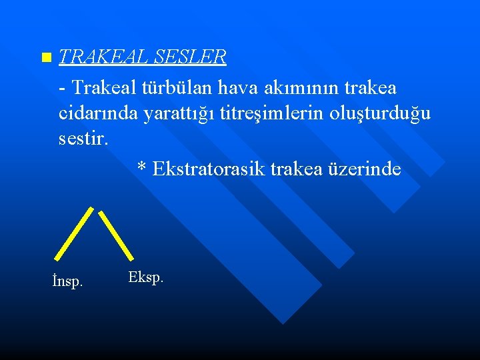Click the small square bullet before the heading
click(x=45, y=58)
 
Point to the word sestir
click(x=82, y=141)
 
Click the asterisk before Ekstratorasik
click(x=141, y=168)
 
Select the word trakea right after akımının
click(x=369, y=87)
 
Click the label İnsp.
click(x=67, y=282)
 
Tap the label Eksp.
click(x=145, y=277)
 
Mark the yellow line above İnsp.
click(x=74, y=233)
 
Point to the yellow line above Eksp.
click(x=116, y=235)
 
